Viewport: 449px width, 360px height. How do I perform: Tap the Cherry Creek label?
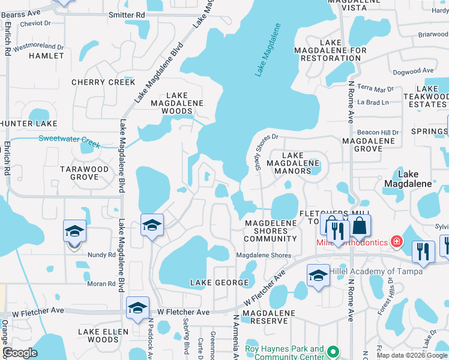pos(103,82)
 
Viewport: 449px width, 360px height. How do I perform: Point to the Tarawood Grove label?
pos(85,173)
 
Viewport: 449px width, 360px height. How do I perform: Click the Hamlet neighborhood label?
pos(46,56)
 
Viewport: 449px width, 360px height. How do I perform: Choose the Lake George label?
pos(219,282)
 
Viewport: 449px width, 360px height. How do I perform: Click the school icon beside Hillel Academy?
pos(318,275)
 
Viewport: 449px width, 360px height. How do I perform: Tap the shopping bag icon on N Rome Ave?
pos(360,226)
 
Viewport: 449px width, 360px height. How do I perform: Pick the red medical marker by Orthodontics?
pos(396,242)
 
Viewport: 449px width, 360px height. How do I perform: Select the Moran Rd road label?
pos(103,284)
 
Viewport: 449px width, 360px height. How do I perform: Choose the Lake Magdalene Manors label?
pos(292,163)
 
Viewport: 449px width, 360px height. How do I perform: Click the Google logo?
pos(20,353)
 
